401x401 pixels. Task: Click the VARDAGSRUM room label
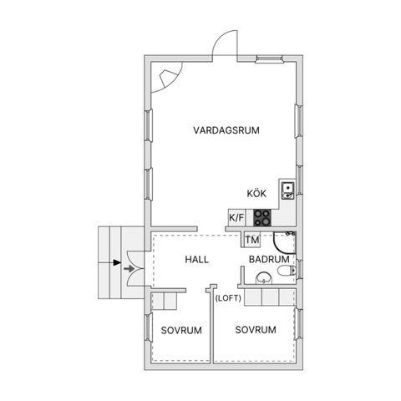[226, 130]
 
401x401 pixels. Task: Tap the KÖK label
[256, 194]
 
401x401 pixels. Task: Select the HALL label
[197, 260]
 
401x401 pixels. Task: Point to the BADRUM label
[269, 259]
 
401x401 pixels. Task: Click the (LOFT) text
[228, 298]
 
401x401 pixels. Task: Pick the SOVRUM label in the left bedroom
[181, 331]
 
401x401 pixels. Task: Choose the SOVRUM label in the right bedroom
[256, 330]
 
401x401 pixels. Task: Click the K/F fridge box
[236, 217]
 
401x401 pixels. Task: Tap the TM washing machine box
[252, 240]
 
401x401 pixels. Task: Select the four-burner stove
[262, 217]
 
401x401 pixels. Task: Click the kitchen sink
[287, 190]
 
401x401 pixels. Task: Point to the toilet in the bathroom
[287, 271]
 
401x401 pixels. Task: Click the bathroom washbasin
[264, 278]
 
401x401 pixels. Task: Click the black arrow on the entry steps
[117, 262]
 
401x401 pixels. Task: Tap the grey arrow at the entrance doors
[129, 269]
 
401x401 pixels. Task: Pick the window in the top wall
[269, 58]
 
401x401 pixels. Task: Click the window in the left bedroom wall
[149, 327]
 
